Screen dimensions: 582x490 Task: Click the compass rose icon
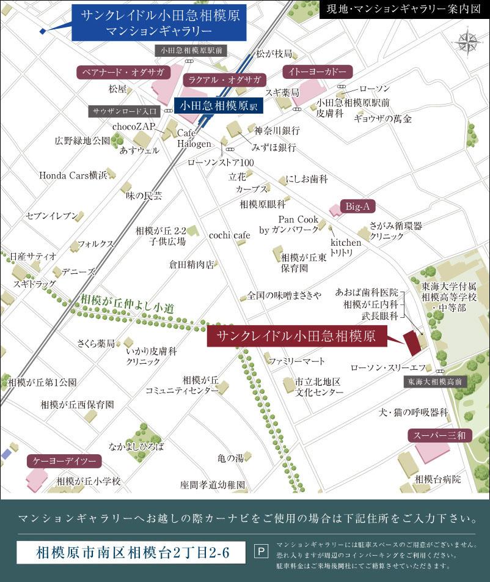pyautogui.click(x=467, y=42)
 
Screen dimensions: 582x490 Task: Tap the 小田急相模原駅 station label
pyautogui.click(x=219, y=105)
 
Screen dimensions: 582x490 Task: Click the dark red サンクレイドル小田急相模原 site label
pyautogui.click(x=296, y=335)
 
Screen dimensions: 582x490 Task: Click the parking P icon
pyautogui.click(x=260, y=552)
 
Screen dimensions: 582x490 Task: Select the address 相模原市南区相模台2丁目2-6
pyautogui.click(x=131, y=553)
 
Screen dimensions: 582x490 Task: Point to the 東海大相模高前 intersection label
pyautogui.click(x=436, y=381)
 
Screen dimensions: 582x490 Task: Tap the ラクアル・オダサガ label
pyautogui.click(x=225, y=80)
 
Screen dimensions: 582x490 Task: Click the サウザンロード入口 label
pyautogui.click(x=125, y=111)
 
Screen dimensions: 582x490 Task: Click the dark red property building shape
pyautogui.click(x=412, y=343)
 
